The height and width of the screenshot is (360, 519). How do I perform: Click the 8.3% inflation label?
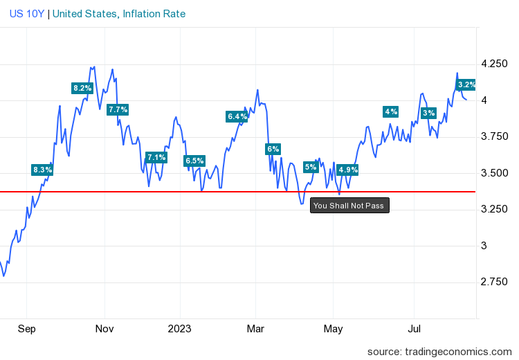click(x=42, y=170)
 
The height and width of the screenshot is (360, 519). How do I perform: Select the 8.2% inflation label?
click(x=82, y=88)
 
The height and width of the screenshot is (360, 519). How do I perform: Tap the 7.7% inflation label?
click(x=118, y=109)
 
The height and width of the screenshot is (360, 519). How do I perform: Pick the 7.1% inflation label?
click(x=156, y=157)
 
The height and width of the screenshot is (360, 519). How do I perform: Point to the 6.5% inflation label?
click(x=194, y=161)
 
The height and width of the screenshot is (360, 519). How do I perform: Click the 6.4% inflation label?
click(x=237, y=116)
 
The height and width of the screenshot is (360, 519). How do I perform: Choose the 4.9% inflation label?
click(x=347, y=170)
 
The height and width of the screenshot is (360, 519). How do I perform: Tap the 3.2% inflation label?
click(x=467, y=84)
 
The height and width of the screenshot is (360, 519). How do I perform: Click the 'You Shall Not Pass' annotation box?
click(x=349, y=206)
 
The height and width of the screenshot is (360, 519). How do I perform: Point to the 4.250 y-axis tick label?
click(x=493, y=64)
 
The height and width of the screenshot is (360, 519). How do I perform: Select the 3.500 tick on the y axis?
click(x=493, y=173)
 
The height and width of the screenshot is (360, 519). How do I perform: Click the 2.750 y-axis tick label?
click(x=493, y=282)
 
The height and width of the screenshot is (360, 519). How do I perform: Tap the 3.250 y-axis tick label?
click(x=493, y=209)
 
